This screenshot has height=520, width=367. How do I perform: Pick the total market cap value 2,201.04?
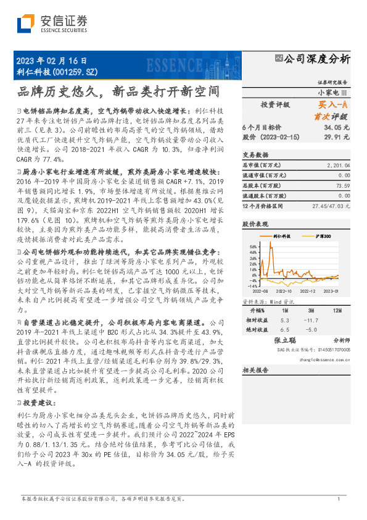[337, 166]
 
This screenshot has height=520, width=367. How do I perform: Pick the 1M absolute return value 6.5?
[284, 330]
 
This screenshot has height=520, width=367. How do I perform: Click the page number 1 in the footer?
[339, 498]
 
